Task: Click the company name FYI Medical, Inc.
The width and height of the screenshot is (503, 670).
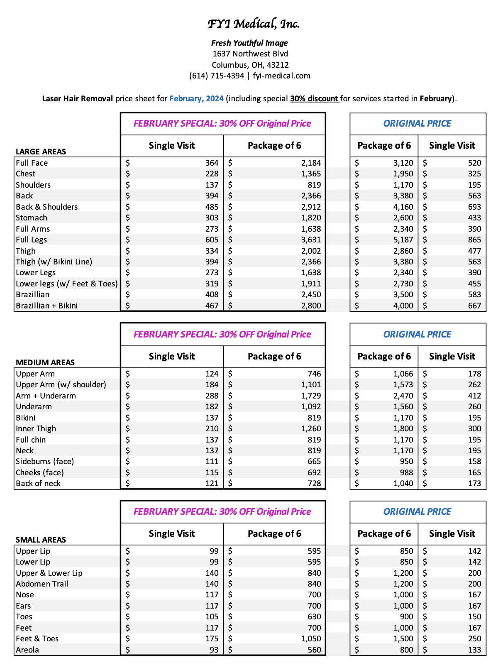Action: pos(254,24)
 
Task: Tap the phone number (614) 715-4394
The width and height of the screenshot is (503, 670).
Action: pos(217,76)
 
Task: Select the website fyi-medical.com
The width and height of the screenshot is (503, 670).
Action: pos(281,76)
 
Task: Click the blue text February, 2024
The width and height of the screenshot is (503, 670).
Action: pos(196,98)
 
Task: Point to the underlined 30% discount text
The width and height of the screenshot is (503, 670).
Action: pos(314,98)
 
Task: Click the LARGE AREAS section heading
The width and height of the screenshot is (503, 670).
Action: pos(41,152)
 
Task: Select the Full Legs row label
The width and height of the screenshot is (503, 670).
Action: pos(31,240)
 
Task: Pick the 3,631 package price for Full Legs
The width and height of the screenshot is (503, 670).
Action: pos(311,240)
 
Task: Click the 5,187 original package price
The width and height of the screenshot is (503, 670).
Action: pos(403,240)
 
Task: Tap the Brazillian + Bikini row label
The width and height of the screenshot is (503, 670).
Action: pos(46,306)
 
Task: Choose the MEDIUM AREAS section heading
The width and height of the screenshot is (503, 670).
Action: pos(45,362)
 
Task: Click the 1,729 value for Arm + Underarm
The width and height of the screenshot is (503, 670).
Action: pos(311,396)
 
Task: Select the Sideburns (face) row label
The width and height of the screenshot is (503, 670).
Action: pos(45,461)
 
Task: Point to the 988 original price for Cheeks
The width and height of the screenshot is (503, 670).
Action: pos(406,472)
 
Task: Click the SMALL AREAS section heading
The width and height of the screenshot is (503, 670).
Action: pos(41,540)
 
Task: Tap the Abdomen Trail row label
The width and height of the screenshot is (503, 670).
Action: pos(42,584)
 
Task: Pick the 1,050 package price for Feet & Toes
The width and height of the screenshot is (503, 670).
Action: pos(311,638)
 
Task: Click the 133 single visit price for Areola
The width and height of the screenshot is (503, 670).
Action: pos(474,650)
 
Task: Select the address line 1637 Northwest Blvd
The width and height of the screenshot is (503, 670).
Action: pos(250,54)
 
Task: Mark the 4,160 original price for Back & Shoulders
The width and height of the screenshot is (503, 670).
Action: pos(403,207)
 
